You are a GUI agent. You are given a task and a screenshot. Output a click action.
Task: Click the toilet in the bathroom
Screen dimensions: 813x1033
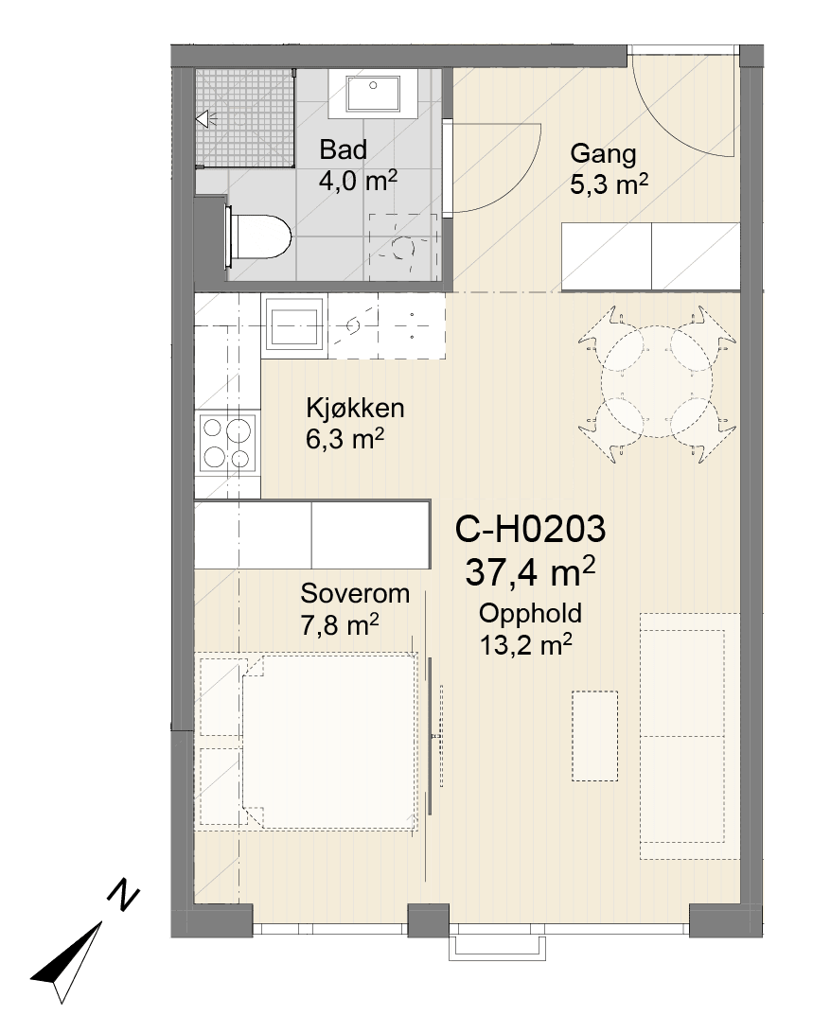pyautogui.click(x=258, y=237)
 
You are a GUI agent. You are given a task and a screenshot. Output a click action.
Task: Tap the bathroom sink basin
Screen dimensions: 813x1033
pyautogui.click(x=373, y=94)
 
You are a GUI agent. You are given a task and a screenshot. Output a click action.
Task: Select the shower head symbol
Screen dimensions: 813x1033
pyautogui.click(x=203, y=119)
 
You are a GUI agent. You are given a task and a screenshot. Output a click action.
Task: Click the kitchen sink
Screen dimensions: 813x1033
pyautogui.click(x=294, y=323)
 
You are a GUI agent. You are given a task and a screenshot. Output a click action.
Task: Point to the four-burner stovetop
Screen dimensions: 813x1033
pyautogui.click(x=227, y=442)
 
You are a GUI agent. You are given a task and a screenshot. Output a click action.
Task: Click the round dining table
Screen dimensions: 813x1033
pyautogui.click(x=658, y=382)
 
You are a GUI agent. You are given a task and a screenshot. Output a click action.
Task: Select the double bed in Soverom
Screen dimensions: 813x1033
pyautogui.click(x=330, y=741)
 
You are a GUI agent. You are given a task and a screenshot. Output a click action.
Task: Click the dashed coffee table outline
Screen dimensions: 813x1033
pyautogui.click(x=594, y=736)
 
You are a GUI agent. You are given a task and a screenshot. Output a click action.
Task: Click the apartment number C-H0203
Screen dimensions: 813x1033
pyautogui.click(x=530, y=529)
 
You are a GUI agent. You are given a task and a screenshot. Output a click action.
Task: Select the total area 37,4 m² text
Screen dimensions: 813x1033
pyautogui.click(x=530, y=570)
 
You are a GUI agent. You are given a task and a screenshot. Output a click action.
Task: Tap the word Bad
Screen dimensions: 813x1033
pyautogui.click(x=343, y=149)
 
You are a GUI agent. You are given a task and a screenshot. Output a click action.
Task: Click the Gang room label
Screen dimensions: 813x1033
pyautogui.click(x=603, y=153)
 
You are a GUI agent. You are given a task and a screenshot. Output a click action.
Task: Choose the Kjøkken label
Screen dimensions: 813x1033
pyautogui.click(x=355, y=409)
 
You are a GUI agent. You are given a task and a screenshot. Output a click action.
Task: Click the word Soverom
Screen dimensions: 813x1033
pyautogui.click(x=355, y=593)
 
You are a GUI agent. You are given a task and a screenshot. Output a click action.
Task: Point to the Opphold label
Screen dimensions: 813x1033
pyautogui.click(x=530, y=614)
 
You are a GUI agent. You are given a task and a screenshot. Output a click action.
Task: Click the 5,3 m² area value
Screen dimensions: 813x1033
pyautogui.click(x=609, y=184)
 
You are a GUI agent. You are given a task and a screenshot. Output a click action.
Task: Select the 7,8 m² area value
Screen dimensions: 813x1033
pyautogui.click(x=340, y=624)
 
